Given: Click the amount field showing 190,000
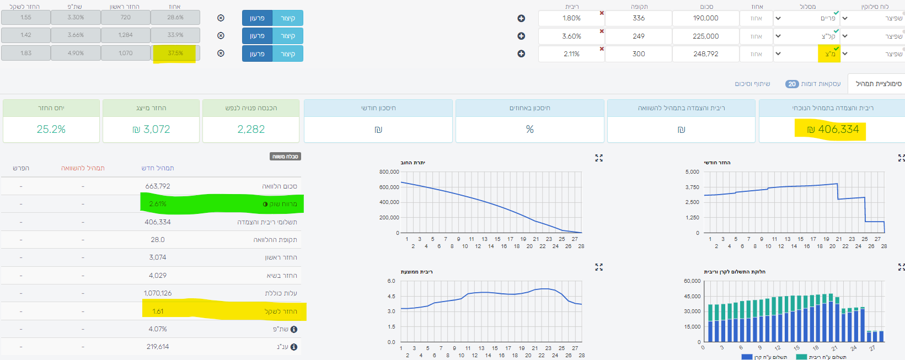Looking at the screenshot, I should (x=705, y=18).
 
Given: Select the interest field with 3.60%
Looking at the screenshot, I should (x=571, y=36).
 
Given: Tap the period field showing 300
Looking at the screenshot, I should (x=639, y=54).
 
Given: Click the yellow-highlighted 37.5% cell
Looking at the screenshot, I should (x=175, y=53).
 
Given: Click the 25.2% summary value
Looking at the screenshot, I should (x=51, y=130).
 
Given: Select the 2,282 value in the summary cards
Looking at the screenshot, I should (x=251, y=130).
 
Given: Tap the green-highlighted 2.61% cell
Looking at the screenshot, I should (x=158, y=204).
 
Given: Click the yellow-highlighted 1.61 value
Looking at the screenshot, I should (x=158, y=311).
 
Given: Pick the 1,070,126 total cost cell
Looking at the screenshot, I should (x=158, y=293).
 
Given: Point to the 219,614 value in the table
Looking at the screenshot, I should (x=158, y=347).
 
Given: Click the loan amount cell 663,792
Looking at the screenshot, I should (x=158, y=186).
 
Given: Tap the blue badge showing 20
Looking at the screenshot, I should (x=792, y=84).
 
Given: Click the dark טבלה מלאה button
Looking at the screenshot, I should (x=285, y=157).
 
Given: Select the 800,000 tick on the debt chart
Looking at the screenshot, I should (x=389, y=172).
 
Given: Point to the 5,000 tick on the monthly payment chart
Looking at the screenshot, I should (x=692, y=172).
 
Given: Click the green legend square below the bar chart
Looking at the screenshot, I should (x=801, y=357).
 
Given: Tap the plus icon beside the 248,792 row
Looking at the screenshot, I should (x=521, y=54).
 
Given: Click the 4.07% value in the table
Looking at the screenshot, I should (x=158, y=329).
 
